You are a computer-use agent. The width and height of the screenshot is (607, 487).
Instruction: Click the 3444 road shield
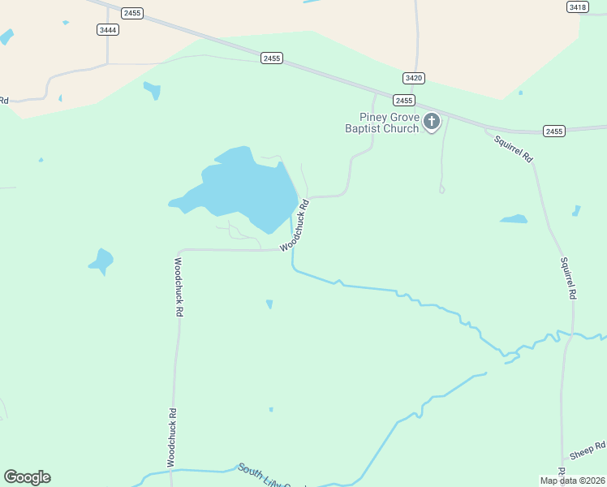click(107, 30)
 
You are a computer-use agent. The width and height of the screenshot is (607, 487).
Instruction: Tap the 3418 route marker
click(578, 6)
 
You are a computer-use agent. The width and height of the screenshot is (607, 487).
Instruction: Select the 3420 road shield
click(413, 78)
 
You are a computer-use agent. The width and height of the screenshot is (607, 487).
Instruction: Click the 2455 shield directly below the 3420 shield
click(403, 101)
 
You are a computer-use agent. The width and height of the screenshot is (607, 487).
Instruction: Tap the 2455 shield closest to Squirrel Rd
click(554, 131)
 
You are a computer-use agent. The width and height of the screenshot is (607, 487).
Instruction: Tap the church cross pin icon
click(432, 123)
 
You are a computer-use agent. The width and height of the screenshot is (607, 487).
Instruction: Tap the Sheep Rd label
click(588, 451)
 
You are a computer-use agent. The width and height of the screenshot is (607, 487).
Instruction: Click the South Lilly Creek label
click(272, 477)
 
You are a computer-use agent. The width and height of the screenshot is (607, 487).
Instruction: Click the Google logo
click(27, 477)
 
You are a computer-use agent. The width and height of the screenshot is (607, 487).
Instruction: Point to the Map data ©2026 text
click(572, 481)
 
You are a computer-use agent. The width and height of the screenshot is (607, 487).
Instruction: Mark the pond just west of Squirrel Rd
click(514, 219)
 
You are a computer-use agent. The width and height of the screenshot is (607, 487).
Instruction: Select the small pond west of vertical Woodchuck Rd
click(101, 261)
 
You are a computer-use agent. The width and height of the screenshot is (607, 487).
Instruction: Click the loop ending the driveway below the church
click(441, 190)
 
